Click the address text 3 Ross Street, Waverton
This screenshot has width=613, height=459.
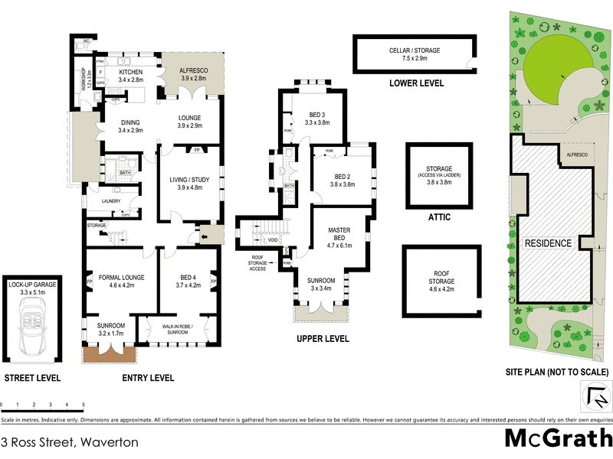70,442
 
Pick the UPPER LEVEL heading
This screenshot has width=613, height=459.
323,338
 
